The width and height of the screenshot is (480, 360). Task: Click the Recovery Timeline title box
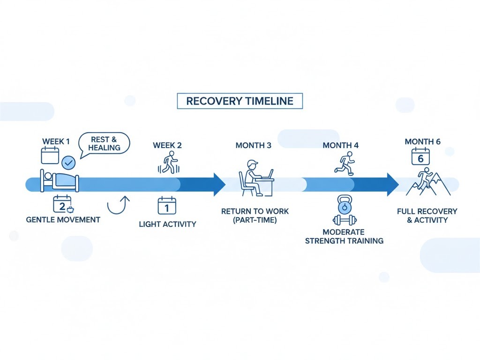(240, 101)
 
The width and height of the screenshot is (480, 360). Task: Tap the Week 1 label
(56, 142)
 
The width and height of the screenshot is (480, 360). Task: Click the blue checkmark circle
(68, 163)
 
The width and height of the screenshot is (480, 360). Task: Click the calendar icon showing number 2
(61, 205)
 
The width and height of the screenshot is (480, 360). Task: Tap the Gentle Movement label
(63, 220)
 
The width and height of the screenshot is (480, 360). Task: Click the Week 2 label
(167, 145)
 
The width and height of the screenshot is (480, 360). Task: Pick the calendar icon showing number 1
(167, 206)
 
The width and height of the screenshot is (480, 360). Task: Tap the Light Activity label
(167, 224)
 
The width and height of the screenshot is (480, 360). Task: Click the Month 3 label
(253, 145)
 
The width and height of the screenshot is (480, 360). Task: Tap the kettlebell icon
(345, 204)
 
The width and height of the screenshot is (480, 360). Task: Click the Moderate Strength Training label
(344, 236)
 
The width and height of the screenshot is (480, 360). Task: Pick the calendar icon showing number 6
(420, 157)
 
